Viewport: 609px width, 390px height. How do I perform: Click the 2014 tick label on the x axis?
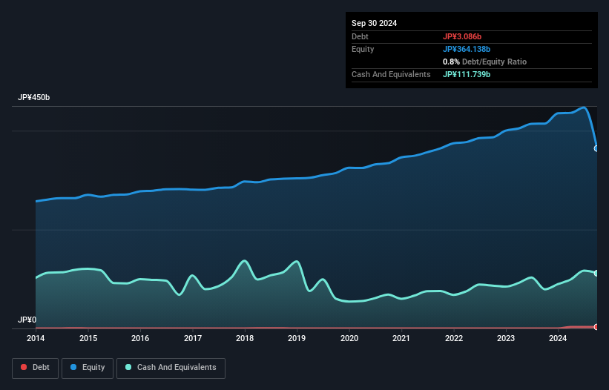tap(36, 338)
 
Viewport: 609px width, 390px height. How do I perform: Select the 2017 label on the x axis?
tap(193, 338)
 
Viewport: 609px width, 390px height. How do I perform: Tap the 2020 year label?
tap(349, 338)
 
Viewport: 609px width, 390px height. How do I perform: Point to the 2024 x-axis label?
tap(559, 338)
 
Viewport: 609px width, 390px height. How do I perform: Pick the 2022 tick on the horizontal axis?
tap(454, 338)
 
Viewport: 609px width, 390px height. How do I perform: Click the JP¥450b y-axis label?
tap(33, 98)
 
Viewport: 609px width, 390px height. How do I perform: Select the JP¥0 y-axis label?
tap(27, 320)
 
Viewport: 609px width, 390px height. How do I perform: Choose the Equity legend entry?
tap(88, 367)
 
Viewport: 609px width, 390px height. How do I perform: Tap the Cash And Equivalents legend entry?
tap(171, 367)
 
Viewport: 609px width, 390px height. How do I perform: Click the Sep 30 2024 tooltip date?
tap(374, 23)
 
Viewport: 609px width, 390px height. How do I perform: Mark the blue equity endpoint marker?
tap(596, 148)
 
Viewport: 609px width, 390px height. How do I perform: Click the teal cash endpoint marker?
tap(596, 273)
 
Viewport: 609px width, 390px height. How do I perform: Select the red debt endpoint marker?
tap(596, 326)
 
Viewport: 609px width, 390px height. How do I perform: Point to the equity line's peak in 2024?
tap(585, 108)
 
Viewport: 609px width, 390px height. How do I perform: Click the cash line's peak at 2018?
tap(244, 260)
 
